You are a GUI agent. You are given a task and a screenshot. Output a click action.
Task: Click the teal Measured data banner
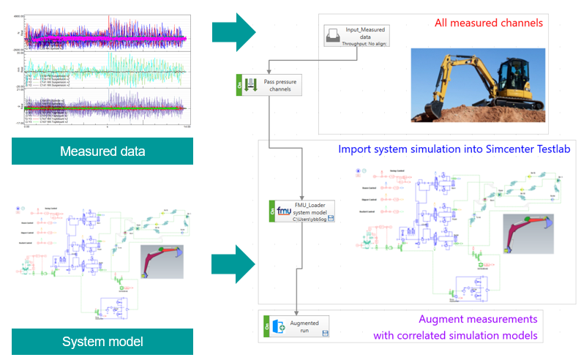click(102, 151)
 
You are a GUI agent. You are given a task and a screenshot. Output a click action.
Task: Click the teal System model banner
click(102, 342)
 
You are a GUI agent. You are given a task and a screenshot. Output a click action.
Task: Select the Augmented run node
click(299, 327)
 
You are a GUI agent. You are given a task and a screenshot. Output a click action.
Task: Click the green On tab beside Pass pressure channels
click(239, 86)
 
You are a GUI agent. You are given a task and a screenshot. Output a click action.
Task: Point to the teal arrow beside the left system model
click(233, 264)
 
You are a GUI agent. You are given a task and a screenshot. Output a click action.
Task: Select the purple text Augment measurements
click(478, 320)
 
